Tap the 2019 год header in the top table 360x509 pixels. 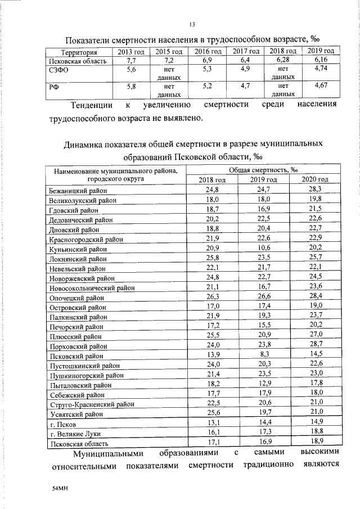click(x=321, y=51)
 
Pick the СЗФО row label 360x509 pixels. click(x=60, y=70)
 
